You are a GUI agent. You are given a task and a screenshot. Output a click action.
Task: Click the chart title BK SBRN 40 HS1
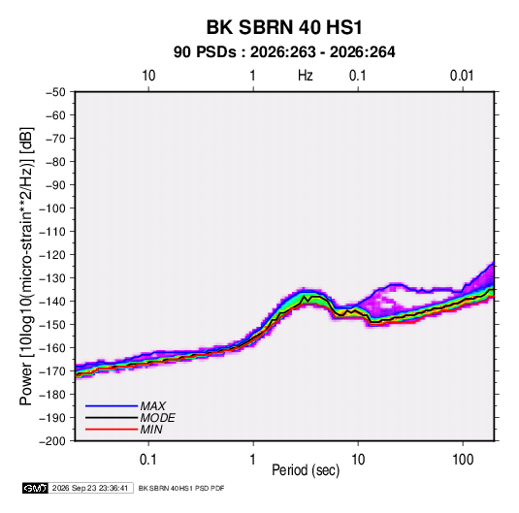(284, 27)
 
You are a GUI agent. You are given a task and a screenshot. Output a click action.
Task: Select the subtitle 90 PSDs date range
(284, 52)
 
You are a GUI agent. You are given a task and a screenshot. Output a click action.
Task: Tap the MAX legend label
(153, 406)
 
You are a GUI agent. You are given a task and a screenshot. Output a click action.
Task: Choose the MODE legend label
(157, 418)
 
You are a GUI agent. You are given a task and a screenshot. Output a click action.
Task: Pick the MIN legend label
(151, 430)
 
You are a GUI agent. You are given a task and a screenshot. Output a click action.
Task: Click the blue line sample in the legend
(112, 406)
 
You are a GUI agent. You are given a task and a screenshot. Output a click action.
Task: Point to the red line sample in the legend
(112, 430)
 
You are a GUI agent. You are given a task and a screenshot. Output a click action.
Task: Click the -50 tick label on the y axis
(55, 92)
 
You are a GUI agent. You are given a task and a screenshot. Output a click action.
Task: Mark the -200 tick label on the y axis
(52, 441)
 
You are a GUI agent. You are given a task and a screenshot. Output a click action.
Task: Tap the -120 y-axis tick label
(52, 255)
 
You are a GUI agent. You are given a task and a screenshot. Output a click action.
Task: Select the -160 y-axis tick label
(52, 348)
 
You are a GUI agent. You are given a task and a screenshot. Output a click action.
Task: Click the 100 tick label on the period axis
(463, 460)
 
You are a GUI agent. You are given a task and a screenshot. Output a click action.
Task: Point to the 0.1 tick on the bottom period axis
(148, 460)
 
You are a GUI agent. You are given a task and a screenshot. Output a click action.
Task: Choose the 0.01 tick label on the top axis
(462, 76)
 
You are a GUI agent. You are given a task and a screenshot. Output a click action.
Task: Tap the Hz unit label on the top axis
(306, 76)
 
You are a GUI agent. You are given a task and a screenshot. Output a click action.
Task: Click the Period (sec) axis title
(306, 470)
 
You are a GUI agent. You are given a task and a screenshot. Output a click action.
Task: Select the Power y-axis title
(26, 267)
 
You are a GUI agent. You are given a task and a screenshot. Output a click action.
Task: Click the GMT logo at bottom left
(35, 488)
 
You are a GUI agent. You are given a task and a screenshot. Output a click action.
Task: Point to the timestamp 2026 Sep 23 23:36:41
(90, 488)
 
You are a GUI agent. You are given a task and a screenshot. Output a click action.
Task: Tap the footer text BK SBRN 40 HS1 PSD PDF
(181, 488)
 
